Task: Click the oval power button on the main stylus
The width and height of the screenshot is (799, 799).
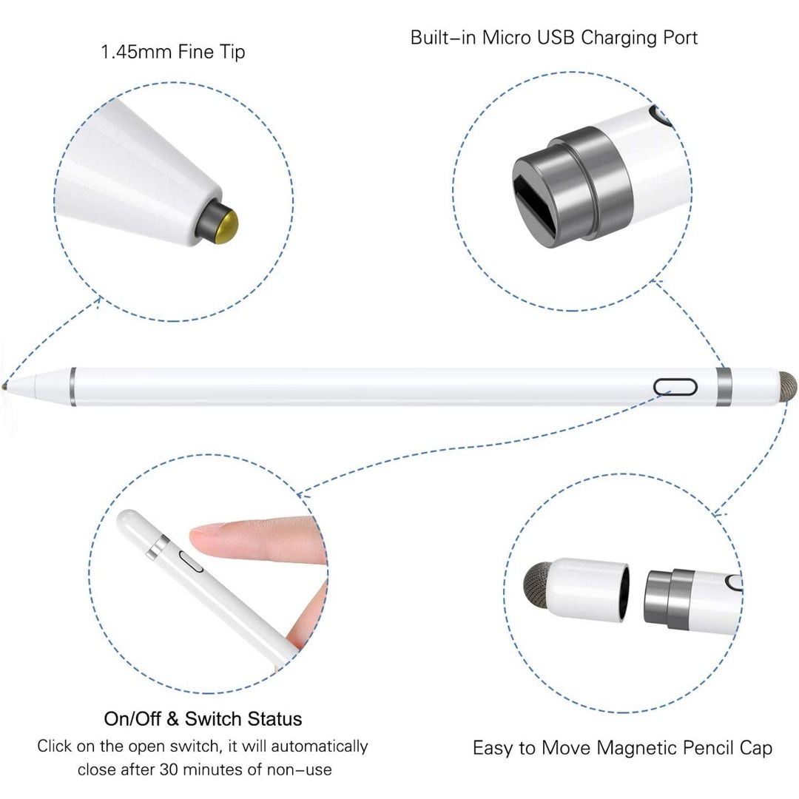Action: [x=675, y=387]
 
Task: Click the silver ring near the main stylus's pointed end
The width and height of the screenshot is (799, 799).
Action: [x=73, y=386]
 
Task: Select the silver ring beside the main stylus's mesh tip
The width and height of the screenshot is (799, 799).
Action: [x=724, y=386]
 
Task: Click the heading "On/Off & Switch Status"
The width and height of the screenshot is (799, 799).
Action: [x=203, y=718]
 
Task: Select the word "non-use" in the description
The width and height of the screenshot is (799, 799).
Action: [x=304, y=770]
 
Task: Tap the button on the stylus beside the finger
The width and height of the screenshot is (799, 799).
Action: [x=194, y=564]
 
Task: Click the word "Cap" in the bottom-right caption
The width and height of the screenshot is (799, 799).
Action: [x=754, y=748]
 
